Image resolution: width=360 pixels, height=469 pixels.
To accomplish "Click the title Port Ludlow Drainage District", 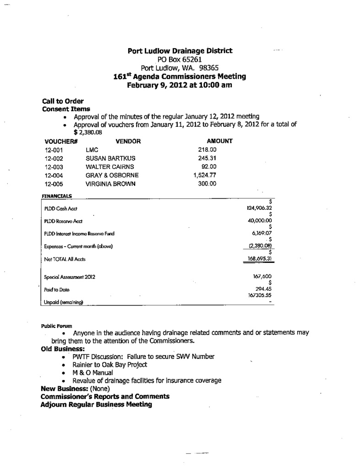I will [180, 51].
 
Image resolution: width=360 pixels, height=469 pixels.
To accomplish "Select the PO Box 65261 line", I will [180, 59].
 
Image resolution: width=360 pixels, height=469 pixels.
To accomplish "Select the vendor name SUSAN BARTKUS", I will [110, 158].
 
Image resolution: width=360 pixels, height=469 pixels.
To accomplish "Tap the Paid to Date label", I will [54, 290].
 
